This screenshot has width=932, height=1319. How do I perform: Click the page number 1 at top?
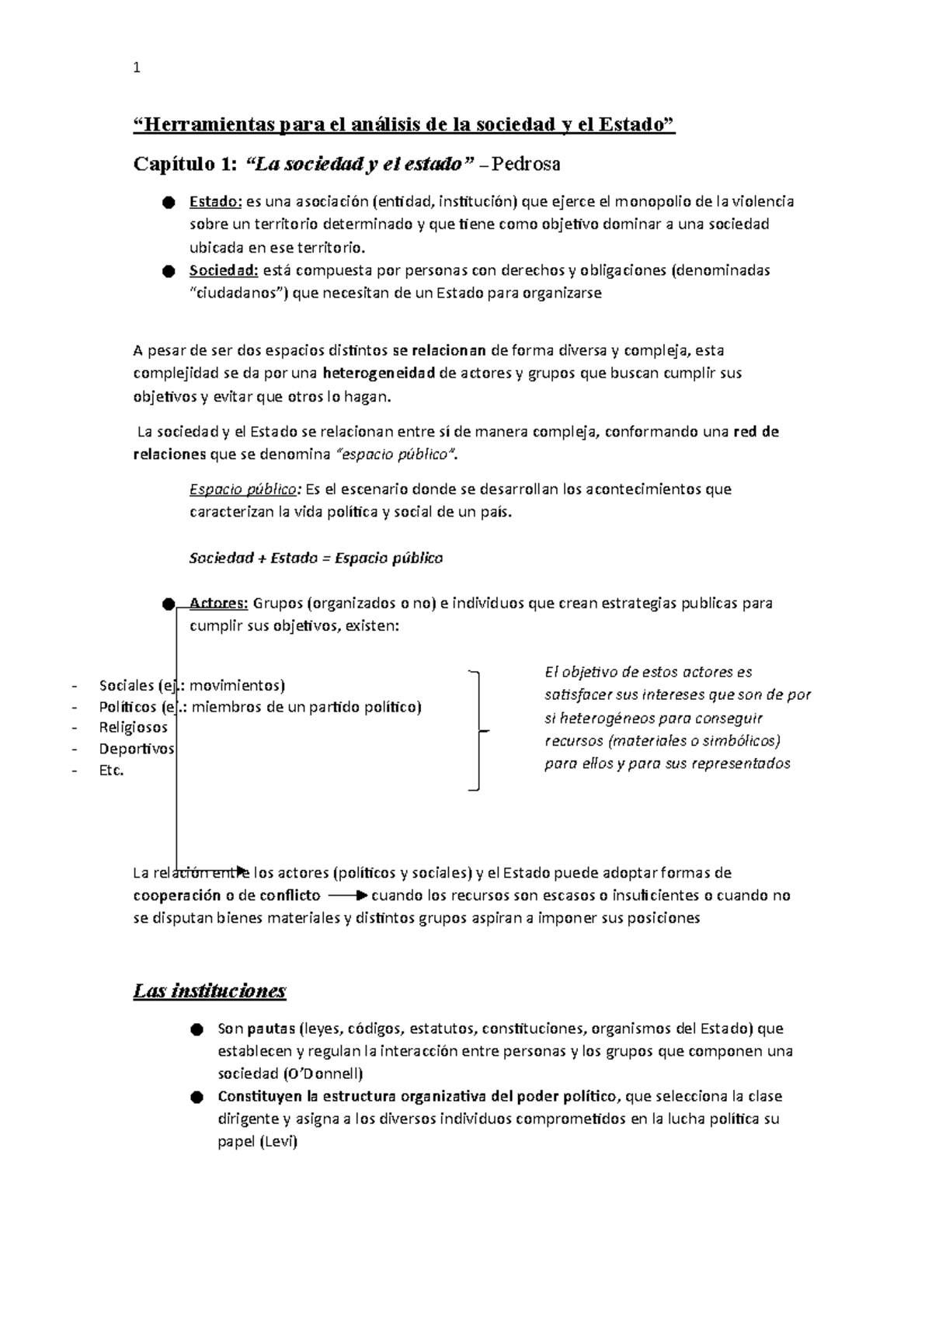(x=137, y=68)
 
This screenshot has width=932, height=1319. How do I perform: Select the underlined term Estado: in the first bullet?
(x=216, y=202)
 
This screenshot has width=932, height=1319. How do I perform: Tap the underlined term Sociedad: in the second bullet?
(x=224, y=271)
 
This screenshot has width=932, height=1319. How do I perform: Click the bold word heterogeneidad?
(x=378, y=373)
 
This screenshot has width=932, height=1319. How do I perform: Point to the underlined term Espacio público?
(x=245, y=489)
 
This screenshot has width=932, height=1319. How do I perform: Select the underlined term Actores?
(x=218, y=604)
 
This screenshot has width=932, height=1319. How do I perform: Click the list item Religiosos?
(x=133, y=728)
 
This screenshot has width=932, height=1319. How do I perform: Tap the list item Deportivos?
(x=136, y=749)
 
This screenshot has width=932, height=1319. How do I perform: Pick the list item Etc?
(x=111, y=771)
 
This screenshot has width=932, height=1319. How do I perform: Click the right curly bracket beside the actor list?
(x=478, y=730)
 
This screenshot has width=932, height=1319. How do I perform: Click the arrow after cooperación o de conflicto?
(x=347, y=896)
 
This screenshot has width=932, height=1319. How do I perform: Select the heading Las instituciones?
(x=210, y=991)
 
